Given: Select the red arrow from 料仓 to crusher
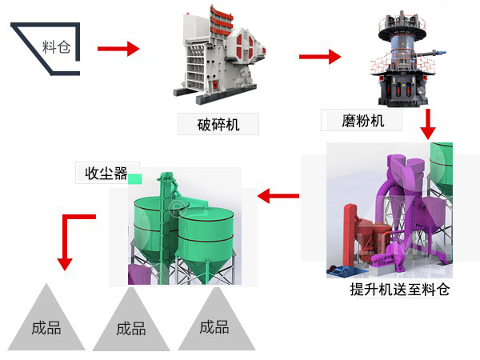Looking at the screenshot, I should (x=118, y=49).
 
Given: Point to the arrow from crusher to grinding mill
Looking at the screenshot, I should (x=320, y=57).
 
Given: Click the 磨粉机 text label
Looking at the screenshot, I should (x=353, y=121).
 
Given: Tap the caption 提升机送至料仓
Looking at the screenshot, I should (x=400, y=290).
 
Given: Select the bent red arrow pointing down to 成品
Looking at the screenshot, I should (x=72, y=236).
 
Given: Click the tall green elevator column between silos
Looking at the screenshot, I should (x=166, y=216).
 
